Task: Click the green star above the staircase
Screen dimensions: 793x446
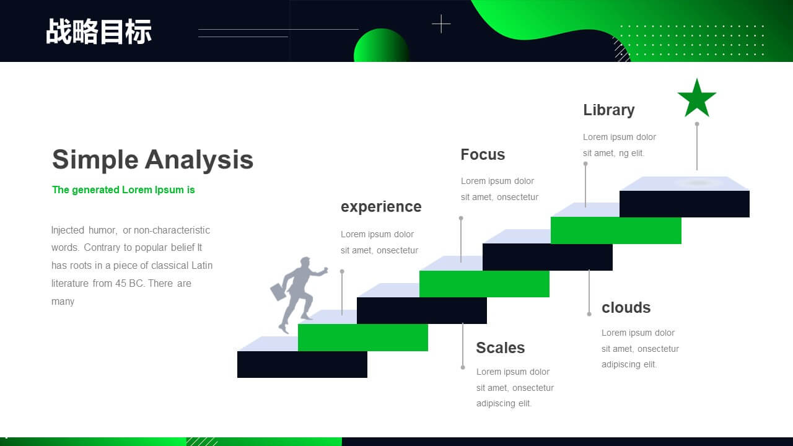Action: point(697,99)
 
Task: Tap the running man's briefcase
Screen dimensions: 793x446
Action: point(279,291)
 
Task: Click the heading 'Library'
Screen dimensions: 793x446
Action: point(609,110)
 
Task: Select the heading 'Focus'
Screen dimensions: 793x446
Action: point(483,155)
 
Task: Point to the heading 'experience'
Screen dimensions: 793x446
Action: point(381,207)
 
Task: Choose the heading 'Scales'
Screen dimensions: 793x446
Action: point(500,348)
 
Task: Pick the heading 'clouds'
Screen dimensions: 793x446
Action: point(626,308)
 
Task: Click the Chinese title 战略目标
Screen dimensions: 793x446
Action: point(99,32)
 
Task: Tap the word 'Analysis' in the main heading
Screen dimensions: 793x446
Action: point(199,160)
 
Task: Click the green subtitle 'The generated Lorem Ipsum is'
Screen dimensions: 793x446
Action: point(123,190)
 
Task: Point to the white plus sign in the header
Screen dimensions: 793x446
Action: point(441,24)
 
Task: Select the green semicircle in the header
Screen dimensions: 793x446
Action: point(382,45)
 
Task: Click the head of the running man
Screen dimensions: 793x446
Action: point(305,263)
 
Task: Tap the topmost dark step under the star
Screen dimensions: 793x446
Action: point(685,204)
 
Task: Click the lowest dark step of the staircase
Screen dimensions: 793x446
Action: point(302,364)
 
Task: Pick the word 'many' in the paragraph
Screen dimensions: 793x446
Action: point(63,302)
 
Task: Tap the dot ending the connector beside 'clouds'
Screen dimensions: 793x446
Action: point(589,314)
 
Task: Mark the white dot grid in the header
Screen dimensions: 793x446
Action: point(692,40)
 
